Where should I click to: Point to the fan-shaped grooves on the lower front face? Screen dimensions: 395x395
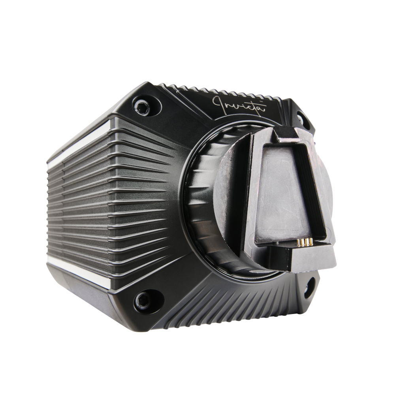[x=221, y=304]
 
